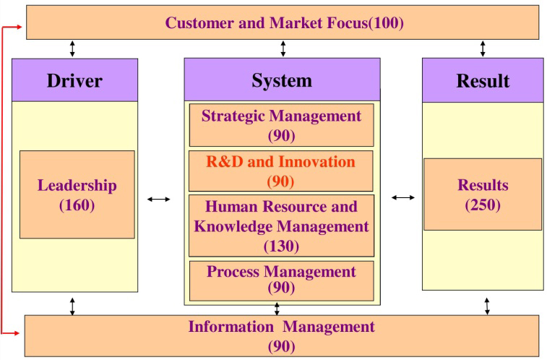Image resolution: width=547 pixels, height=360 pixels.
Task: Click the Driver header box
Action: (74, 80)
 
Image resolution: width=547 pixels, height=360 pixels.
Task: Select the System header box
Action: (283, 80)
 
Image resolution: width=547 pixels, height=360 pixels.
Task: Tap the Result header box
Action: (483, 80)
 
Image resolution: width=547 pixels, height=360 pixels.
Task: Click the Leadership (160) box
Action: (77, 194)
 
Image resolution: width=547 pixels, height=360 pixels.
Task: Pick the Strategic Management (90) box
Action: (282, 125)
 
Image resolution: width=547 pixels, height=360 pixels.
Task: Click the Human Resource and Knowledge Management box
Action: (282, 226)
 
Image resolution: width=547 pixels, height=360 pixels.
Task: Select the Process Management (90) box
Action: (282, 280)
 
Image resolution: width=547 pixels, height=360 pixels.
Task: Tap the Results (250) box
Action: (483, 194)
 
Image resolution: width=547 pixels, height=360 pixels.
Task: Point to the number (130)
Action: (281, 246)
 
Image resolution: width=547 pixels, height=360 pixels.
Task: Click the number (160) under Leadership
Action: (77, 205)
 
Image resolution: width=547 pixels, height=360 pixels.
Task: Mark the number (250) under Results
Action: (483, 205)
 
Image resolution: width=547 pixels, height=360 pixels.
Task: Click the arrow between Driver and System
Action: (159, 200)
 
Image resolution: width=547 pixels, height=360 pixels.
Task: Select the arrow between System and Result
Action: (403, 198)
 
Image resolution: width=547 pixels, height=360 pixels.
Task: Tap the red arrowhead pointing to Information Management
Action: (15, 333)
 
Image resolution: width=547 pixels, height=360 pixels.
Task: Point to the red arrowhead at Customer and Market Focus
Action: (18, 27)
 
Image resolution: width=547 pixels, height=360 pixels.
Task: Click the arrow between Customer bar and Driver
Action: (72, 49)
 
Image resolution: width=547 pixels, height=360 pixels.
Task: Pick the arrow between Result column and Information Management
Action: (487, 307)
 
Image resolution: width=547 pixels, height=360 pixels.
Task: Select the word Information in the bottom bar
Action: (231, 327)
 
